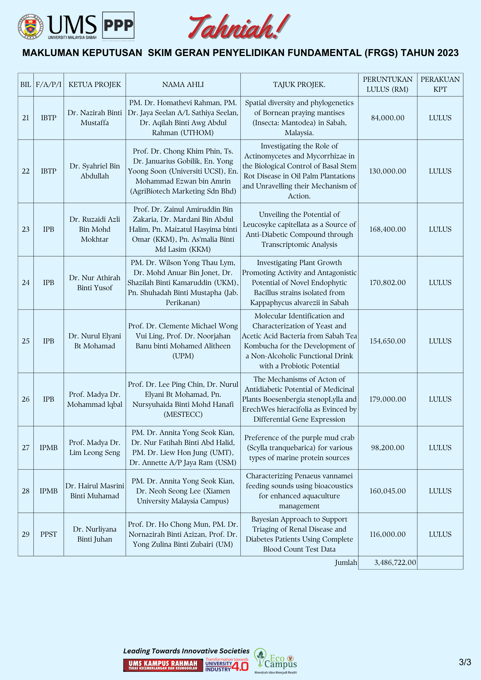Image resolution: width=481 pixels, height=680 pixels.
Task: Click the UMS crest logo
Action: pos(30,27)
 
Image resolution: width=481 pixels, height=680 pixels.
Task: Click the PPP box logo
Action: pos(118,26)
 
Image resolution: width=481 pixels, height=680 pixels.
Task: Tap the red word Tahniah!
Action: pos(238,27)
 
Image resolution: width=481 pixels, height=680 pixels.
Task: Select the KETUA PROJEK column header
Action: pos(95,85)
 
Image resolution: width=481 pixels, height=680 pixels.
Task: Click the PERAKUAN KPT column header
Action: pos(440,84)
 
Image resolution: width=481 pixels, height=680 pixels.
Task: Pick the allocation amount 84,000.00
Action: pos(388,118)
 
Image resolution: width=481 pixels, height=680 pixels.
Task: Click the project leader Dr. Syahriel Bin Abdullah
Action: pos(95,171)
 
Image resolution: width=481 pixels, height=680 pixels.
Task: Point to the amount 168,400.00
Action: pos(387,229)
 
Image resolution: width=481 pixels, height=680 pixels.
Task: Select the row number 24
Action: pos(26,283)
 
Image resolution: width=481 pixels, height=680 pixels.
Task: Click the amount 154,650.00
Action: pos(387,341)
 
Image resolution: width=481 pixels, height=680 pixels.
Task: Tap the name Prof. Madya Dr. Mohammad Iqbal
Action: pos(95,399)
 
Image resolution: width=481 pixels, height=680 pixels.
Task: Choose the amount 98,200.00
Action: pos(388,448)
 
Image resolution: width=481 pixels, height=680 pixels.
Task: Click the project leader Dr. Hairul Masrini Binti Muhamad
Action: pos(95,491)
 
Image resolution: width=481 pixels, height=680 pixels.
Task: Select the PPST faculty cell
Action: pos(48,534)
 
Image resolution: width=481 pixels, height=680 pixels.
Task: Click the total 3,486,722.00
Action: pos(395,562)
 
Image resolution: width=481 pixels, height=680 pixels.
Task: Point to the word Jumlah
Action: pos(346,562)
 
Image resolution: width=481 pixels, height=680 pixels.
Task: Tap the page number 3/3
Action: pos(465,662)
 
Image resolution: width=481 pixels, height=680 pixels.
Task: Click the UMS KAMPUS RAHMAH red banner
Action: pos(163,665)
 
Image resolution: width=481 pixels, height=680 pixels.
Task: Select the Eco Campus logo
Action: pos(276,661)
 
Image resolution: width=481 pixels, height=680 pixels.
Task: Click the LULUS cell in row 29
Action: pos(440,534)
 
